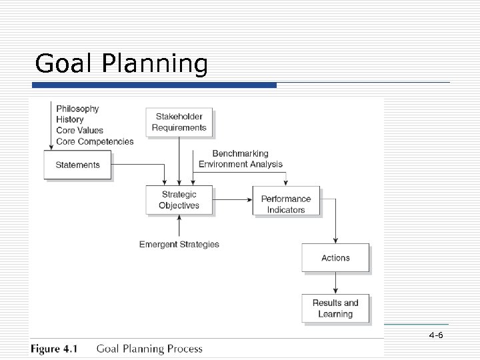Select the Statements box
77,165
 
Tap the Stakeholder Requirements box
179,122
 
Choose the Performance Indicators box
285,203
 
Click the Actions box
335,258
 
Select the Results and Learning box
335,308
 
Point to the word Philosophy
77,109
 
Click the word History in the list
70,119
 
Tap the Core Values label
79,130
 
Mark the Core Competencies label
95,141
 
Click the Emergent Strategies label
179,245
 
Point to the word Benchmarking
240,153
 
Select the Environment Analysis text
240,164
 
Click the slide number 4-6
437,335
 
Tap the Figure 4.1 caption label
54,349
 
